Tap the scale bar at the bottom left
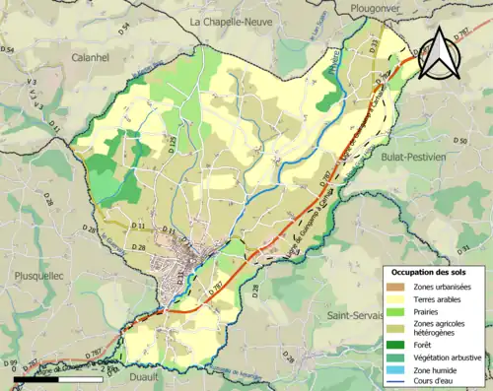coord(58,375)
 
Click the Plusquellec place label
coord(33,277)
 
